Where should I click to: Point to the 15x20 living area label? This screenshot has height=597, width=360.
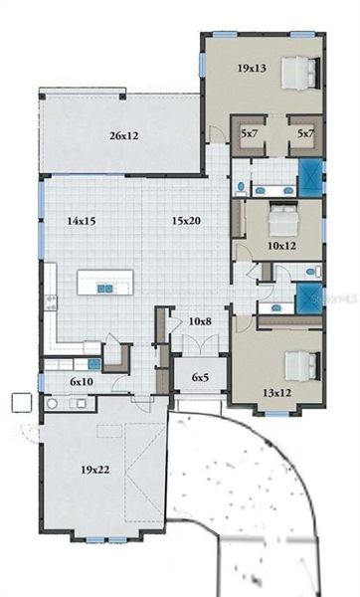point(185,220)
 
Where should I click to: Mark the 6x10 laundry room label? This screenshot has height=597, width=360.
point(82,381)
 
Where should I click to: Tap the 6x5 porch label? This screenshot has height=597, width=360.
point(201,378)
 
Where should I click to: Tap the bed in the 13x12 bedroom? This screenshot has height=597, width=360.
point(299,365)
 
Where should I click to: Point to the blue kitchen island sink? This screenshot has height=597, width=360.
point(103,289)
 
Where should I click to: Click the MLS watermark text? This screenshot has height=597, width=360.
point(334,298)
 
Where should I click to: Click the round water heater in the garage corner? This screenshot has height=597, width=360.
point(51,404)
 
